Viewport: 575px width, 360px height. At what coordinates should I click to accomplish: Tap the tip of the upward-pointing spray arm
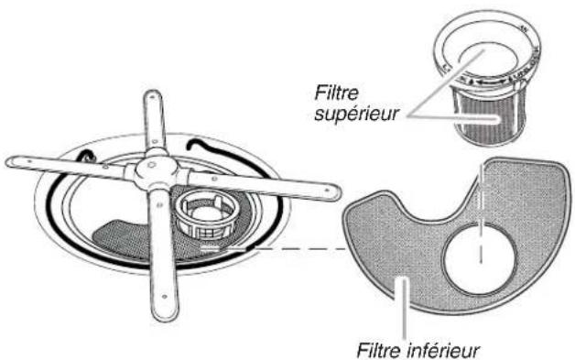[148, 96]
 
